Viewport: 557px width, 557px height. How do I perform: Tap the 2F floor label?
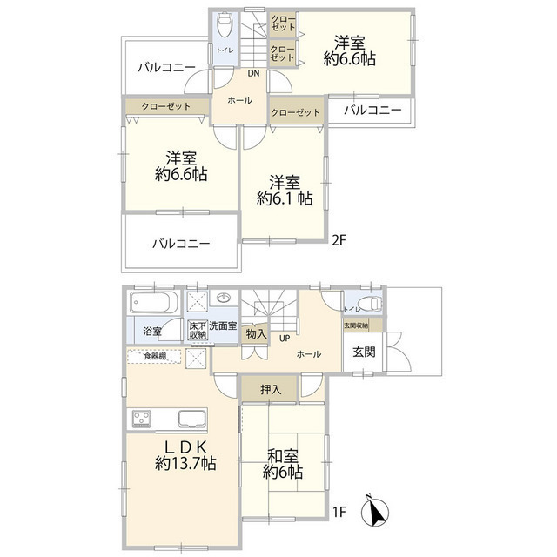[339, 236]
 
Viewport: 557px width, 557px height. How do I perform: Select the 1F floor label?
[339, 512]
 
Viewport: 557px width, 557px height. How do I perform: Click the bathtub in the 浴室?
[153, 304]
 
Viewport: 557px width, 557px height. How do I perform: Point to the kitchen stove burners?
[142, 419]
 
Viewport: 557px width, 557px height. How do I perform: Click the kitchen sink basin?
[192, 419]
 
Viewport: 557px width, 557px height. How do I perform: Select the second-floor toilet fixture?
[224, 23]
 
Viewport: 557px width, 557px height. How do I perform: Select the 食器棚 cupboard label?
[156, 356]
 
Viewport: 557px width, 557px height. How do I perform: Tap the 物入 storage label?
[255, 333]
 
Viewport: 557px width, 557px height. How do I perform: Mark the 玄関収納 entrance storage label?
[355, 325]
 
